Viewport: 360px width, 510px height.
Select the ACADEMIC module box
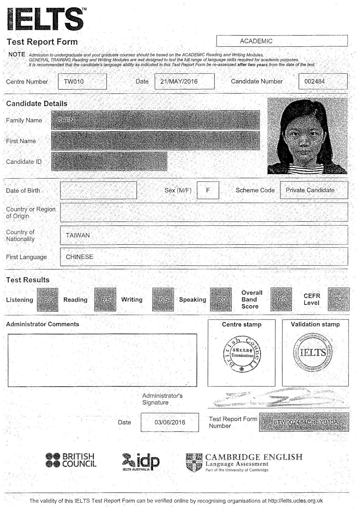(282, 41)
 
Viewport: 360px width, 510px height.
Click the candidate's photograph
(307, 136)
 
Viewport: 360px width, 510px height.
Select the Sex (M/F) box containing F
(208, 190)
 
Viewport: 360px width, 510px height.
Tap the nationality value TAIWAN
(78, 235)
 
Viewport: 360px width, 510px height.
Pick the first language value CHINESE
(79, 257)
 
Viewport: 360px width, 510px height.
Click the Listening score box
(47, 300)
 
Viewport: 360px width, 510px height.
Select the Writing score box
(163, 300)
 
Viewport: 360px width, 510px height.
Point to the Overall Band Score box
(281, 300)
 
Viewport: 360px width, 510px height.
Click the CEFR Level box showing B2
(339, 300)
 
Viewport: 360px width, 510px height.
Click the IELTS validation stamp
(313, 352)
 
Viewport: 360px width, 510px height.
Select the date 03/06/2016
(169, 422)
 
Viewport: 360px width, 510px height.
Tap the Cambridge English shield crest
(194, 463)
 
